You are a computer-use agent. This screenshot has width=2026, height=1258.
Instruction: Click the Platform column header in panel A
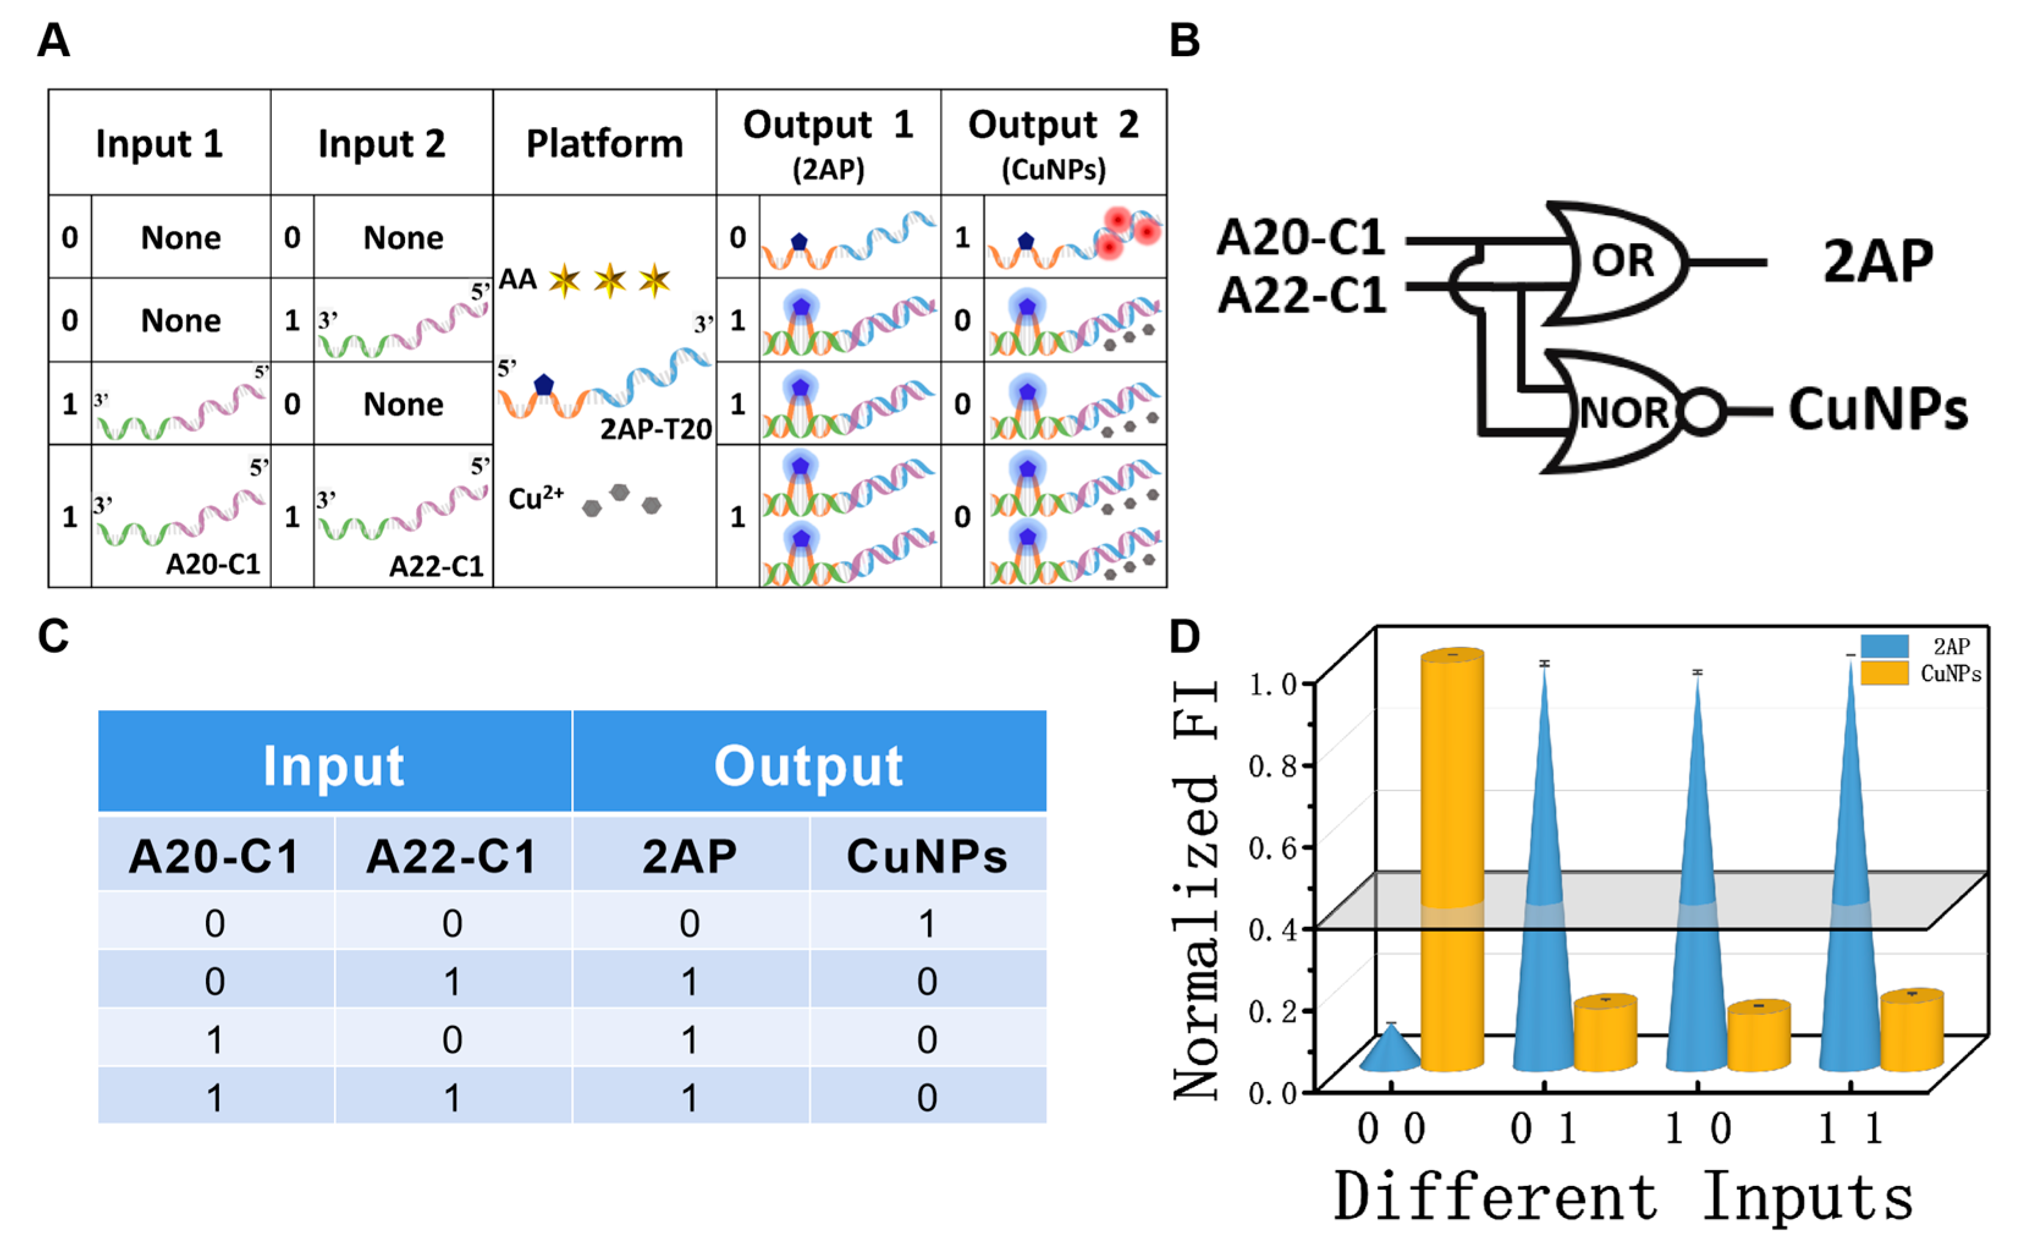(604, 143)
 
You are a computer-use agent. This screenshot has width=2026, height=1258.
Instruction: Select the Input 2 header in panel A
(381, 143)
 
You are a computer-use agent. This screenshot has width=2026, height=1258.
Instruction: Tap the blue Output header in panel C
(809, 764)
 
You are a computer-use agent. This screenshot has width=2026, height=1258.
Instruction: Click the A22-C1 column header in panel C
(452, 856)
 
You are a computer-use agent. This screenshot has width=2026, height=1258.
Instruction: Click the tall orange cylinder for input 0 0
(1452, 857)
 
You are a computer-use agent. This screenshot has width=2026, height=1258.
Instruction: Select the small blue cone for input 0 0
(1390, 1050)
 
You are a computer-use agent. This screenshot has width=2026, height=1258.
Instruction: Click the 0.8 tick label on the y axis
(1273, 765)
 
